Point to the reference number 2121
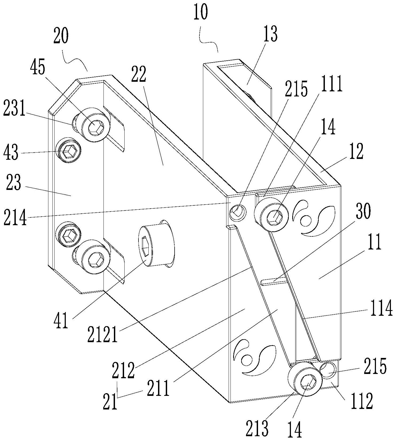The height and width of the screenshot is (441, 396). point(102,333)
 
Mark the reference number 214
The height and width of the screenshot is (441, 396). point(15,218)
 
